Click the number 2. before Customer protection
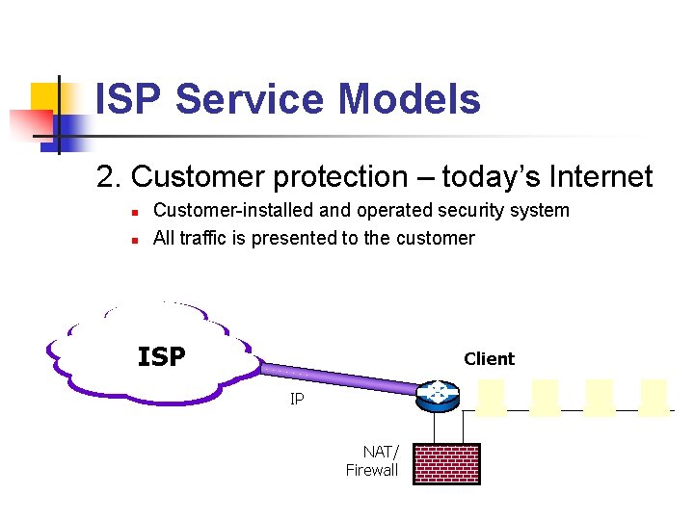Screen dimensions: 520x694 [x=109, y=177]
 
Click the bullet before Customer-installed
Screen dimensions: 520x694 [x=135, y=212]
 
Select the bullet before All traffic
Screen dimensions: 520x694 [x=135, y=239]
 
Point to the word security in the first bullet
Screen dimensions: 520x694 [x=479, y=210]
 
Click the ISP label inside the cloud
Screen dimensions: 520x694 [x=161, y=357]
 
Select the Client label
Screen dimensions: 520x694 [x=489, y=359]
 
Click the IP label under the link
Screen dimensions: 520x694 [x=297, y=398]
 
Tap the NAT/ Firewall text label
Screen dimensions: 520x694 [x=372, y=461]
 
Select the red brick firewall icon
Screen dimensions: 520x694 [x=446, y=464]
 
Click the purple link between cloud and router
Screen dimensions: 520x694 [x=337, y=377]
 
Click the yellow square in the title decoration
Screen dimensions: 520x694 [x=46, y=96]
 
